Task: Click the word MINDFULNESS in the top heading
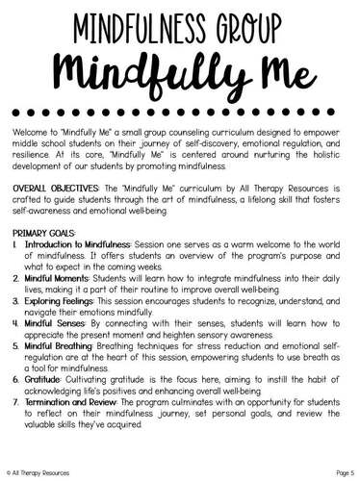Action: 133,29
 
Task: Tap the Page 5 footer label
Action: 338,471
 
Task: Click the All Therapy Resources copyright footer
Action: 37,471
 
